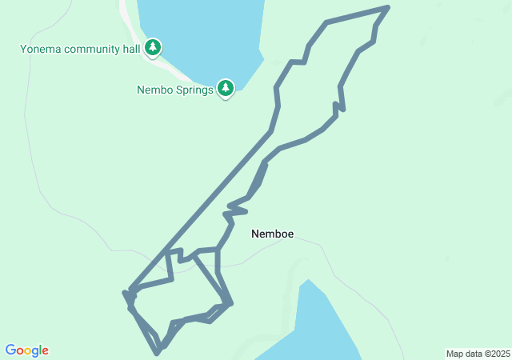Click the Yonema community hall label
[80, 49]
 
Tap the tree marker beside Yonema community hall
[153, 48]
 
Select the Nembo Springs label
[174, 90]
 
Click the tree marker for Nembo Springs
[226, 88]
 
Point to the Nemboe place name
[272, 234]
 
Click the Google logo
[26, 350]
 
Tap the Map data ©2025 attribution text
[478, 354]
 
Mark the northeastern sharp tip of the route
[388, 7]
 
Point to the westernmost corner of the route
[125, 293]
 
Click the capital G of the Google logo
[10, 350]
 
